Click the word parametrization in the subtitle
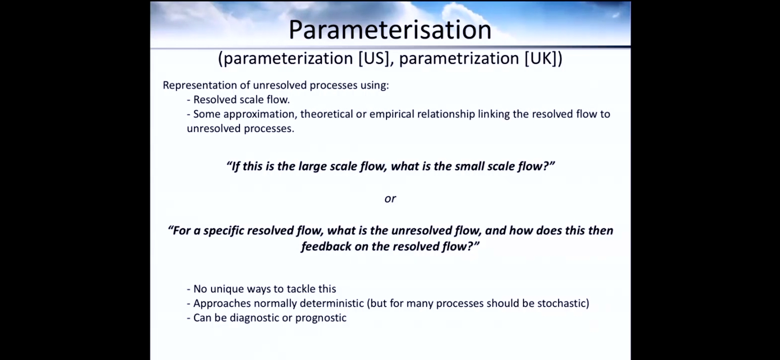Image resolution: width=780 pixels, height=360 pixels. click(459, 59)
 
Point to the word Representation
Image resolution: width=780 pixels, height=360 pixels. click(200, 86)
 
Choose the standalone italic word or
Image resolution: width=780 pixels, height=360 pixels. click(390, 199)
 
